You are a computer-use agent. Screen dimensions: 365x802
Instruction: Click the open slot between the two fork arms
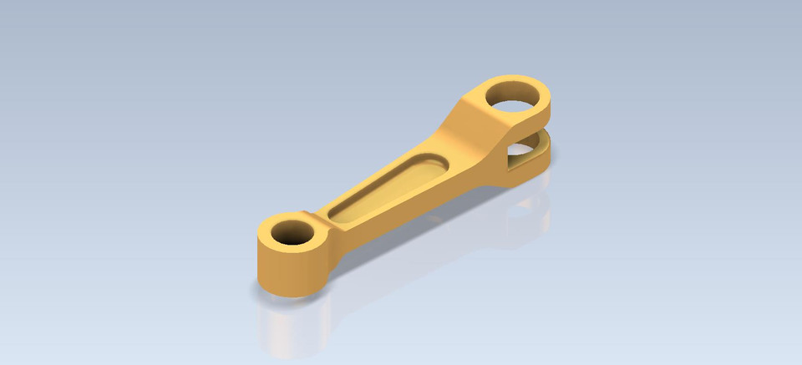pyautogui.click(x=535, y=134)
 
